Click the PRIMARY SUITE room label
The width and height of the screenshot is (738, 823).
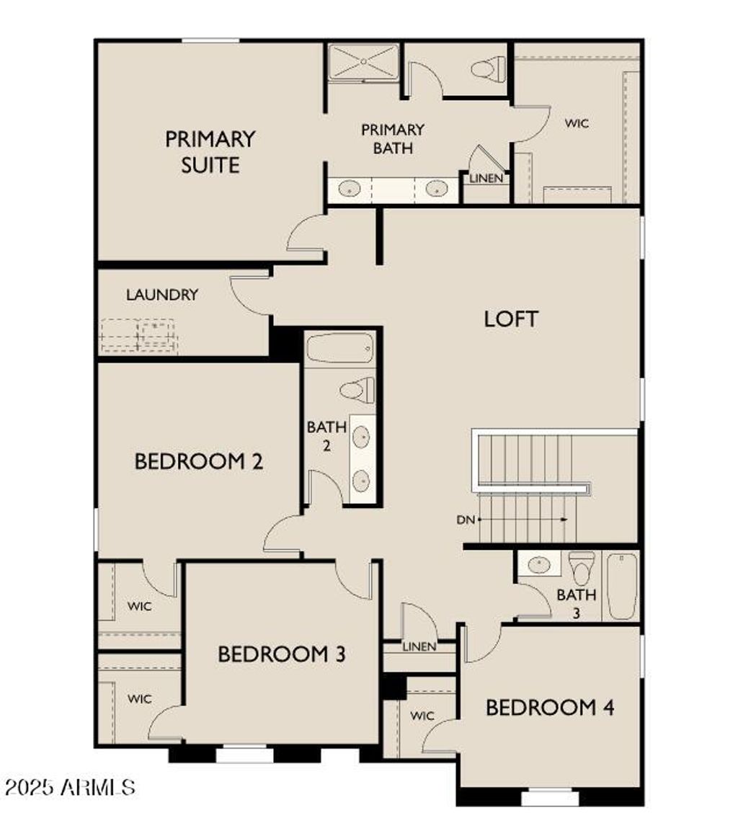coord(210,151)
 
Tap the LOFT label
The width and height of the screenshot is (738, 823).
coord(511,319)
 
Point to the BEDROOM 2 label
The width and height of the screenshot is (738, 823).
coord(198,461)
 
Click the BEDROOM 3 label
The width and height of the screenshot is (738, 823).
coord(282,654)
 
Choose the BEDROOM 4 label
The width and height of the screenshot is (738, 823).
coord(549,708)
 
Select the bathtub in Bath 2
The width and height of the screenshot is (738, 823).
coord(339,349)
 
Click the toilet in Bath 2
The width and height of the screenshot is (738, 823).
coord(357,391)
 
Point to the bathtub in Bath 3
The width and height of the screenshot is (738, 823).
coord(622,585)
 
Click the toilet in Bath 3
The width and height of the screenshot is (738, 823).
coord(582,568)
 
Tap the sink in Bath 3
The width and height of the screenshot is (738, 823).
coord(538,564)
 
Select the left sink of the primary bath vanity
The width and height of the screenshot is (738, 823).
coord(349,189)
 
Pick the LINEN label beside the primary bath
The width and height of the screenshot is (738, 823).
coord(486,178)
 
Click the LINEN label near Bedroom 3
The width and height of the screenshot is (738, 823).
coord(419,646)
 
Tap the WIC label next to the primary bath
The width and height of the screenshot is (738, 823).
coord(577,123)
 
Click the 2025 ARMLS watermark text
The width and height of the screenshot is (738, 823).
coord(68,786)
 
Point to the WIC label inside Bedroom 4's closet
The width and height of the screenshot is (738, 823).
coord(422,716)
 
